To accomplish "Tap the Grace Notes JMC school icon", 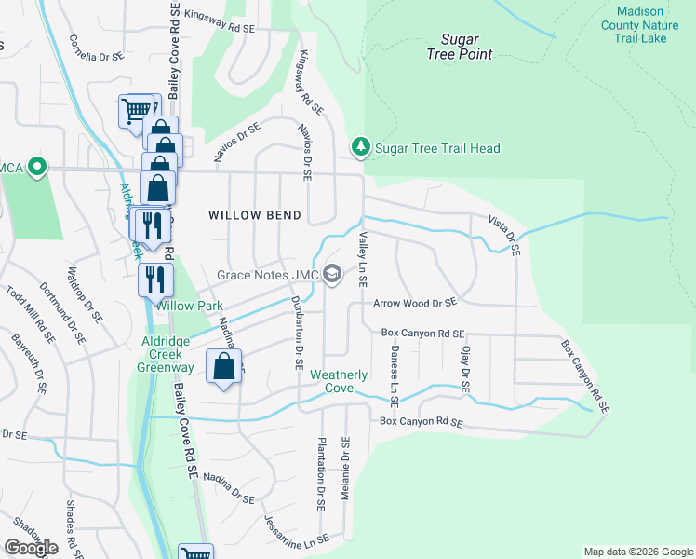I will pyautogui.click(x=334, y=275).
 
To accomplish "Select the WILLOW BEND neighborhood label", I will pyautogui.click(x=255, y=215).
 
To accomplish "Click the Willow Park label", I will pyautogui.click(x=189, y=306).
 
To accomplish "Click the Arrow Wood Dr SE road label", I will pyautogui.click(x=415, y=303).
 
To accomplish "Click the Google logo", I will pyautogui.click(x=30, y=548).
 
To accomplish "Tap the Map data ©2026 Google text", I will pyautogui.click(x=637, y=552).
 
